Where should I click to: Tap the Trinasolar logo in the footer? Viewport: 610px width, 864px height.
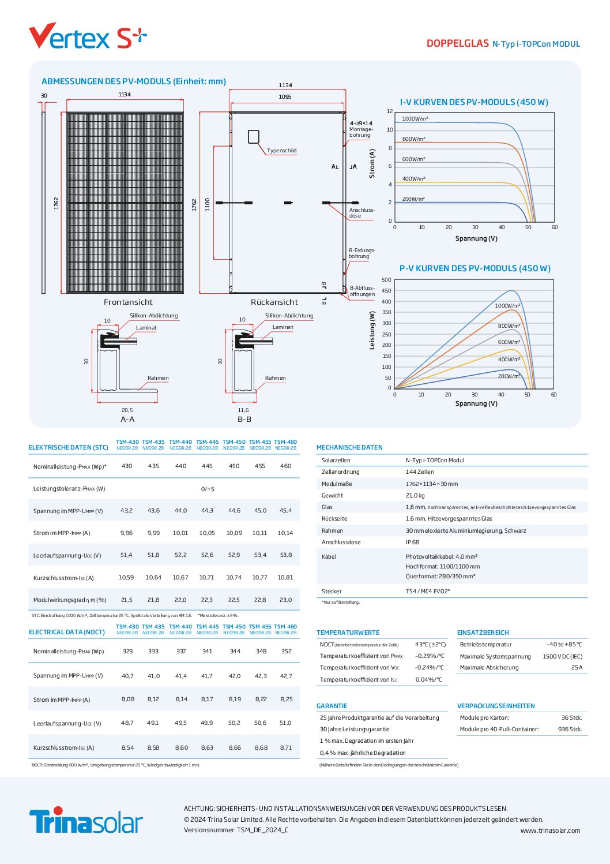[86, 820]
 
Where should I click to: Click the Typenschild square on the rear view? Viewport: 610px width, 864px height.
[254, 137]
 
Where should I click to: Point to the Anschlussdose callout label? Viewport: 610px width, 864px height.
[362, 213]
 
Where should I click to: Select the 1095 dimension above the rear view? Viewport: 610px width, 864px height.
[285, 97]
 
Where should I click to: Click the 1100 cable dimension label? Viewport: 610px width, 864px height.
[208, 204]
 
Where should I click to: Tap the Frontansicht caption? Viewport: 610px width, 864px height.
[128, 302]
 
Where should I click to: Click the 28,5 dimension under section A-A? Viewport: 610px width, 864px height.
[127, 410]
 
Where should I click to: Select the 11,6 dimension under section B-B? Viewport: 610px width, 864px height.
[243, 410]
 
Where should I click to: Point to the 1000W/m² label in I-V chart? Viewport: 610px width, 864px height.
[415, 119]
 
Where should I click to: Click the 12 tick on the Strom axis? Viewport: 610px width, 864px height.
[390, 111]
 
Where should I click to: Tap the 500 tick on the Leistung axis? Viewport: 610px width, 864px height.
[386, 280]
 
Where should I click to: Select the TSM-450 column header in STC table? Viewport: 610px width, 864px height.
[234, 442]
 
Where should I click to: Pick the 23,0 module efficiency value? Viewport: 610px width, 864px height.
[285, 600]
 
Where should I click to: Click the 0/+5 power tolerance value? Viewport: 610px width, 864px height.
[208, 489]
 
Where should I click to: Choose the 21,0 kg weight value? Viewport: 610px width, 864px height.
[415, 495]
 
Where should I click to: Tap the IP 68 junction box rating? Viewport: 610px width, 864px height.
[412, 542]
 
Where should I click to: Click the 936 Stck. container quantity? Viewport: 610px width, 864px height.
[570, 729]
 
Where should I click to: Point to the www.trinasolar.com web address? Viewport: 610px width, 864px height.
[550, 831]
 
